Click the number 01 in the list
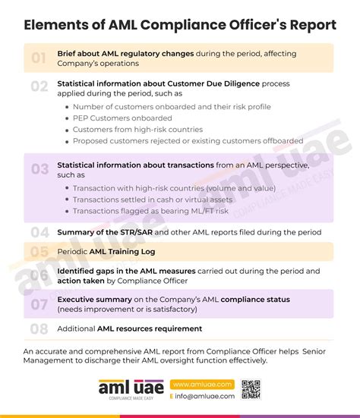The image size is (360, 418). (39, 57)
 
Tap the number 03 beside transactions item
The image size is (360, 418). (39, 168)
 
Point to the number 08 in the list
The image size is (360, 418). (39, 328)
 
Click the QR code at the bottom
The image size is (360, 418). (251, 389)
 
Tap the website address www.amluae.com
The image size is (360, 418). (200, 385)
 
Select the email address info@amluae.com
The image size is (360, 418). (204, 396)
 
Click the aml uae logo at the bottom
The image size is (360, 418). (125, 389)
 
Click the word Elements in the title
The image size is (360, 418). (55, 24)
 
